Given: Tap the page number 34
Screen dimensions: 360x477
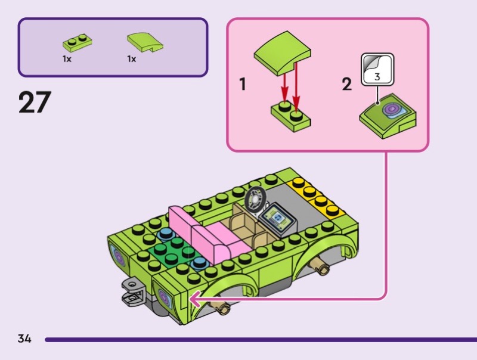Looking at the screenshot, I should click(24, 339).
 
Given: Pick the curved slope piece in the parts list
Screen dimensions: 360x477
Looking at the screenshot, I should click(144, 42).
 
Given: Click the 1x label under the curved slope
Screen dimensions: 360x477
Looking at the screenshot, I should click(131, 59).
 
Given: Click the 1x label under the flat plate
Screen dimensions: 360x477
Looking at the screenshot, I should click(67, 59).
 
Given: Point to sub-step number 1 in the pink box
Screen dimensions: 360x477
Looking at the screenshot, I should click(243, 85).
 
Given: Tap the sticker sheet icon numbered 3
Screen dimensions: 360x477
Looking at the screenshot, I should click(377, 70).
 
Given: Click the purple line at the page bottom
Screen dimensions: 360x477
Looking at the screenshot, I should click(256, 340).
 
